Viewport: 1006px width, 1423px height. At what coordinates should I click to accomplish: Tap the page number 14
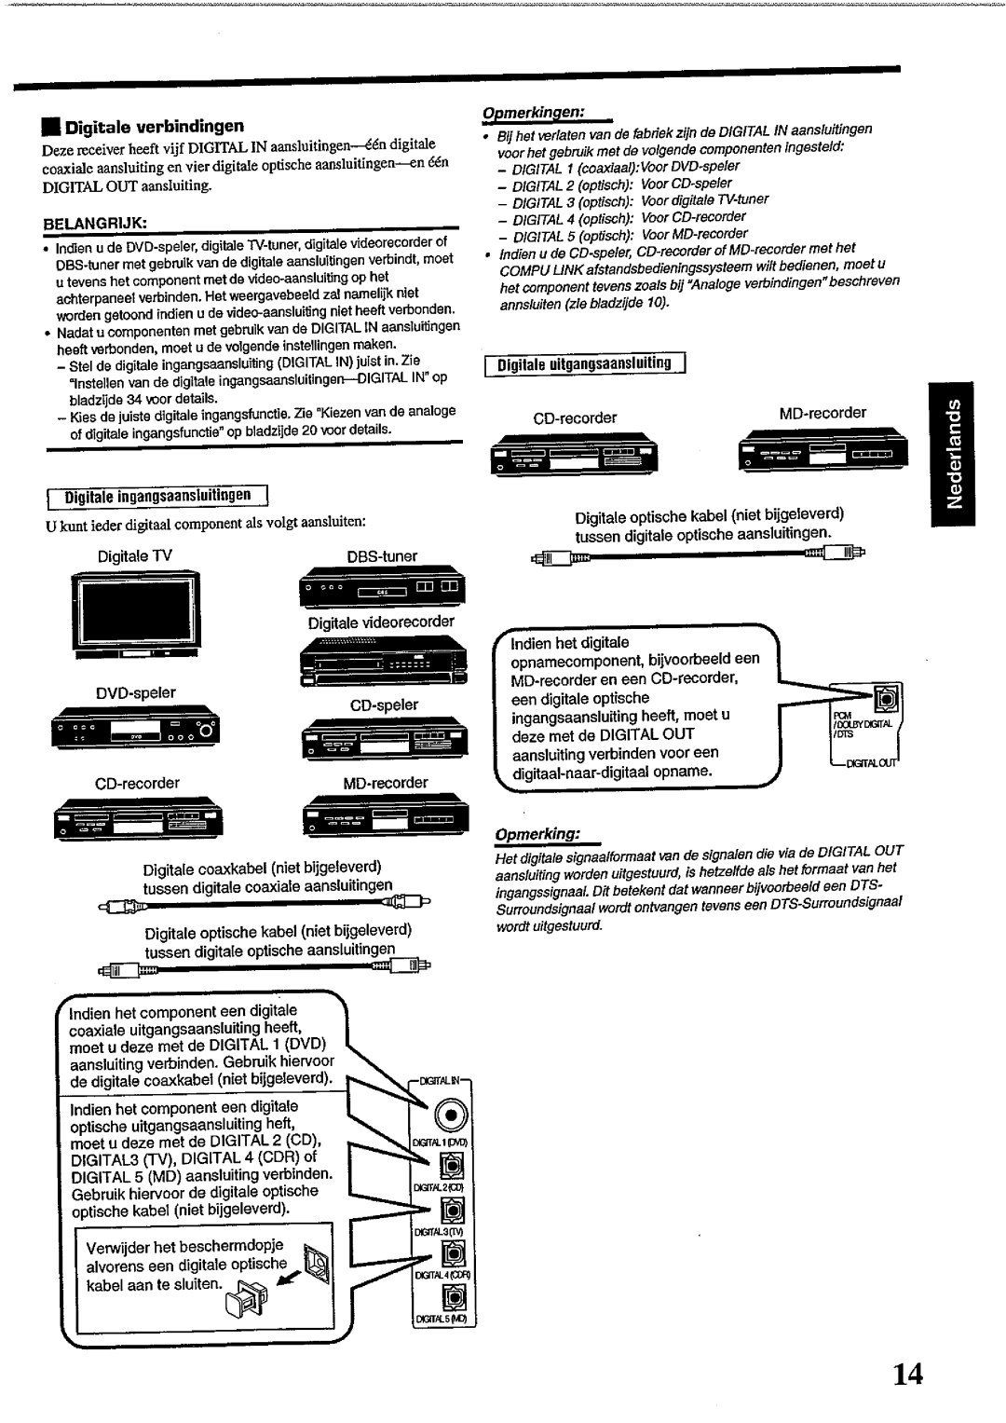click(x=906, y=1374)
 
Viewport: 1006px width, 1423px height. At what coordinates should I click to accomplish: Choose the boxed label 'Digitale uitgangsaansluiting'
click(x=584, y=363)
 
